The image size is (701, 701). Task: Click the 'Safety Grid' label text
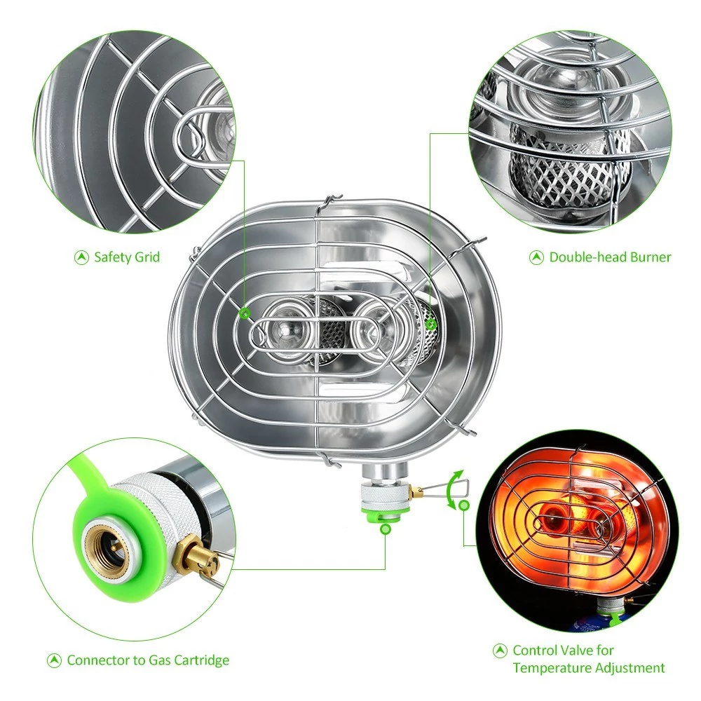(127, 257)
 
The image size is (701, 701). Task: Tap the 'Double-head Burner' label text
(611, 257)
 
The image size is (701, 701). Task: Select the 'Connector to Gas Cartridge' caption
(148, 660)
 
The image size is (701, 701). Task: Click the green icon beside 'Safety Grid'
(81, 257)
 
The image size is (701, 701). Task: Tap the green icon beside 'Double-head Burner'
(536, 257)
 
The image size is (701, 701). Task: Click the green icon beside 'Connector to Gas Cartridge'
(54, 660)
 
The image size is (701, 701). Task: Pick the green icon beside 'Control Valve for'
(500, 651)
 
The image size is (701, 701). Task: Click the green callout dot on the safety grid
(244, 313)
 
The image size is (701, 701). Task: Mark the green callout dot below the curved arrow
(465, 506)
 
